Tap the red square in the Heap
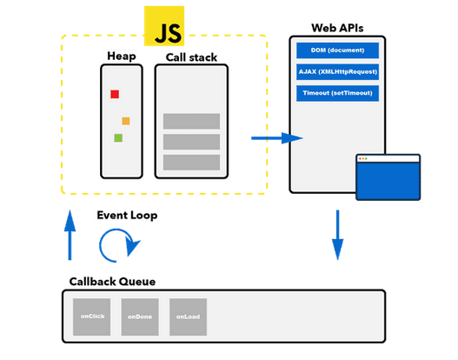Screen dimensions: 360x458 tap(114, 94)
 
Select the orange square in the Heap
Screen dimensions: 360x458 tap(126, 121)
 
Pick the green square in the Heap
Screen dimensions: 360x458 tap(118, 137)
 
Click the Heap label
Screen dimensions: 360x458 tap(122, 57)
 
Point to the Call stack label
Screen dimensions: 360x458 tap(190, 57)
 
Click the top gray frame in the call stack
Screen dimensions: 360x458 tap(191, 122)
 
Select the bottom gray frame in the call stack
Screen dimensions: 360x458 tap(191, 162)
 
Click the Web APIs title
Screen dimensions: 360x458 tap(337, 30)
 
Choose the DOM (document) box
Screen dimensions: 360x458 tap(337, 50)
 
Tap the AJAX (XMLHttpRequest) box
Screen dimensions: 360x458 tap(337, 71)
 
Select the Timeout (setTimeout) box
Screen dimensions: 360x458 tap(337, 92)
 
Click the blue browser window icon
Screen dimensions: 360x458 tap(388, 178)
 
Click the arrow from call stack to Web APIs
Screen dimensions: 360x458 tap(275, 137)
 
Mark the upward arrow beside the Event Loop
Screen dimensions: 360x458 tap(70, 236)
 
